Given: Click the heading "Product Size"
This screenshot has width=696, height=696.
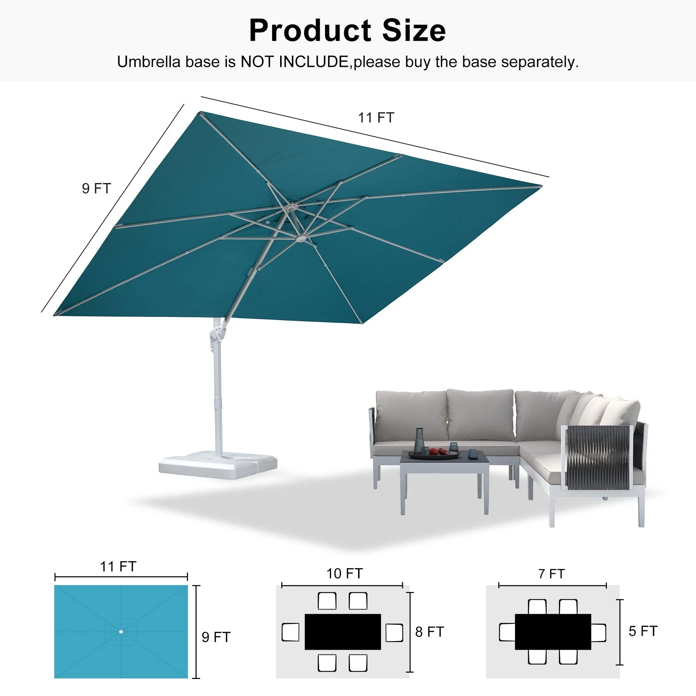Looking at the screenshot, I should [x=347, y=31].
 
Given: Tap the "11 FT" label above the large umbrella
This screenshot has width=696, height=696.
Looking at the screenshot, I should [x=376, y=118].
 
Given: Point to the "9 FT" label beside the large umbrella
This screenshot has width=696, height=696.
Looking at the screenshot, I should [x=96, y=188].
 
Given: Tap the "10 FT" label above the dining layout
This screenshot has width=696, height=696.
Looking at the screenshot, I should [x=344, y=574].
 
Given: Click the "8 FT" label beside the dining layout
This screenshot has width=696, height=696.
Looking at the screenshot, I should [x=429, y=632].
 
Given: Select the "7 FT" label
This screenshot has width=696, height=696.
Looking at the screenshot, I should [x=551, y=574].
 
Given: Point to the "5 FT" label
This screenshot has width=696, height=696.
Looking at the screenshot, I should [x=643, y=631].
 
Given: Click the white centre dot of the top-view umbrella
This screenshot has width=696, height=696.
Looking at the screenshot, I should [x=121, y=632].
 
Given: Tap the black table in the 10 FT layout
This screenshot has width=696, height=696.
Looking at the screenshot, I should [x=342, y=632].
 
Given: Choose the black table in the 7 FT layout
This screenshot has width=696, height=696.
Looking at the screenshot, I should [x=553, y=632].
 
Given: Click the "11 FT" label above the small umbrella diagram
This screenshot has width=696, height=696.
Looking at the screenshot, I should [x=118, y=567].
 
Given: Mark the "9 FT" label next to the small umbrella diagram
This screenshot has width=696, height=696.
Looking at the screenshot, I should [x=216, y=637].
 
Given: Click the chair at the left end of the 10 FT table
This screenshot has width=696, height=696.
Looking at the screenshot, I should [x=290, y=632].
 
